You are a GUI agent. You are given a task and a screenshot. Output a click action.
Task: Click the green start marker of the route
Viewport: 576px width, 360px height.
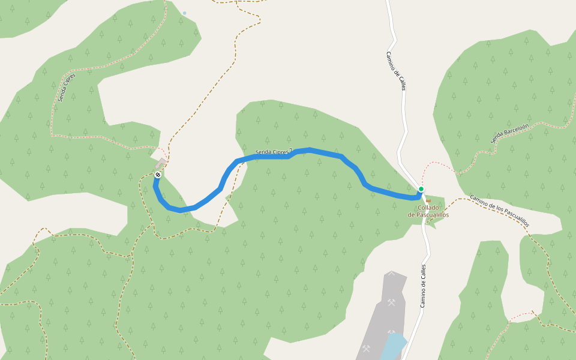[x=421, y=189]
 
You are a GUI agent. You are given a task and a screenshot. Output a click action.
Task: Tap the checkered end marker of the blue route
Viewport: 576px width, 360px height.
[x=157, y=175]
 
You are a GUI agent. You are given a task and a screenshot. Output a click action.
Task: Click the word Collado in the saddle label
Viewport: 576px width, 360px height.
[x=428, y=208]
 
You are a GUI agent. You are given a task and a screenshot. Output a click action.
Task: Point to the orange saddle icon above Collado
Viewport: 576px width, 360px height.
[x=428, y=200]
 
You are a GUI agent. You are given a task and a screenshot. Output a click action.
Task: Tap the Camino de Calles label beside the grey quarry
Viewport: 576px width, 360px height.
[x=423, y=286]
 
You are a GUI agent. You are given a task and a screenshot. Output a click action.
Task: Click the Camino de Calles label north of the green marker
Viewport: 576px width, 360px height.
[x=396, y=71]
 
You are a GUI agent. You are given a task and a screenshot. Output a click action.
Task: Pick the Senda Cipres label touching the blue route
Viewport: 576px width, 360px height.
[x=271, y=152]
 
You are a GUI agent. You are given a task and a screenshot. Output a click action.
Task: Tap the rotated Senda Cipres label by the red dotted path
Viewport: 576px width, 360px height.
[x=67, y=88]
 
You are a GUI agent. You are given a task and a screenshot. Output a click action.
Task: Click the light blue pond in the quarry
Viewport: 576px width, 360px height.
[x=393, y=346]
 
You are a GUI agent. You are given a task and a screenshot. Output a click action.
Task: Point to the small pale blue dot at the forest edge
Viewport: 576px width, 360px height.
[x=184, y=13]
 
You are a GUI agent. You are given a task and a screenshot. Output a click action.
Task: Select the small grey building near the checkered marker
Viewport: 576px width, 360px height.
[x=161, y=163]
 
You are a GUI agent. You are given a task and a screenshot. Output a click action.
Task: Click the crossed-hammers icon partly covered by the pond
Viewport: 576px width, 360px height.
[x=392, y=331]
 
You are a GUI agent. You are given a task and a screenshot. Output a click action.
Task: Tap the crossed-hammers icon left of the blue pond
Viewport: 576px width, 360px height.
[x=366, y=349]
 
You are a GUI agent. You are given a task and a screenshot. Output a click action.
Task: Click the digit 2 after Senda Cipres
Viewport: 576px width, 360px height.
[x=290, y=150]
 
